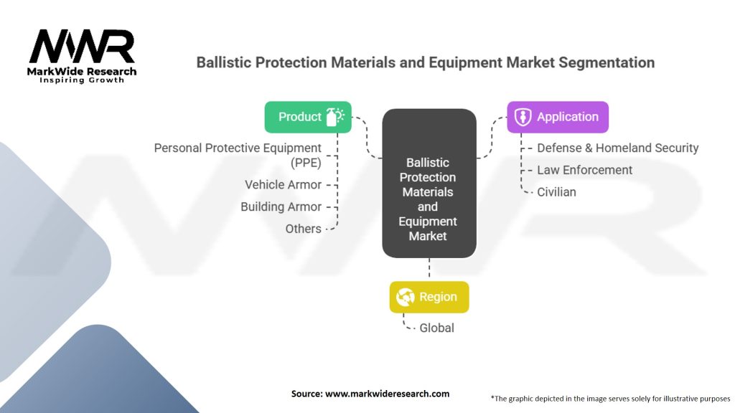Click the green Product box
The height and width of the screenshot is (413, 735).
(308, 117)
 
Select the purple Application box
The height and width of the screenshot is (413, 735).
(558, 117)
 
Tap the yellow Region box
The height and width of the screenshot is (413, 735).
(429, 297)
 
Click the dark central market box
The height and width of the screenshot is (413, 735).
(429, 184)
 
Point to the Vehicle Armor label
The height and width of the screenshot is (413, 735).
(283, 184)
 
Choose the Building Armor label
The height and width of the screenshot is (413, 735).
(281, 206)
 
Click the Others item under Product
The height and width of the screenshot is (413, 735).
(303, 229)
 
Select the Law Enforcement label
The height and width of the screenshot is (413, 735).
(584, 170)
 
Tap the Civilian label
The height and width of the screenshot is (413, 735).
(556, 191)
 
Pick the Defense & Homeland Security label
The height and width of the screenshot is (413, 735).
(617, 148)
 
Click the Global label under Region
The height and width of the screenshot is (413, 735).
(437, 328)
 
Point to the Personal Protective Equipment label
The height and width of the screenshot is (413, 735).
(238, 155)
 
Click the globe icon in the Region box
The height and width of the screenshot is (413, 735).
(406, 297)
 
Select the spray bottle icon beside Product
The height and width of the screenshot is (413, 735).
(335, 117)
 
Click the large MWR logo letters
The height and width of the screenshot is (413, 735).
(82, 47)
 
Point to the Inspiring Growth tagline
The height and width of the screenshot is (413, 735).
(82, 80)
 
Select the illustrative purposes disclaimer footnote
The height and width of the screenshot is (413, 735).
(609, 398)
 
